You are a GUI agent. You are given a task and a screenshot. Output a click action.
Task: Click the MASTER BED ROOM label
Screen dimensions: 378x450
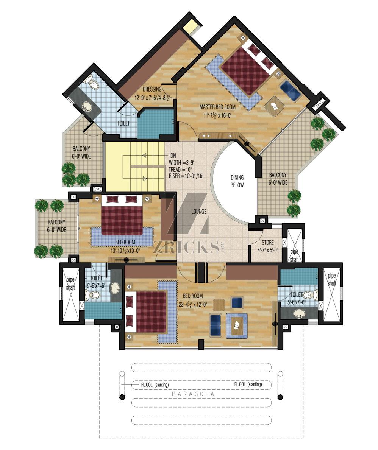(217, 107)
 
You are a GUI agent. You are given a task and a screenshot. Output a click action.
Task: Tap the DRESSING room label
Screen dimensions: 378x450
(152, 89)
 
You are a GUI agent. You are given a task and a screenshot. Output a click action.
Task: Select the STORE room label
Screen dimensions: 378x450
(268, 242)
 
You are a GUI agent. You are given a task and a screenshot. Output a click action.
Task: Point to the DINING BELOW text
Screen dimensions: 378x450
(237, 181)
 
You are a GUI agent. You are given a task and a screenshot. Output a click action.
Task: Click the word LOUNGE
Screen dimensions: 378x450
(199, 212)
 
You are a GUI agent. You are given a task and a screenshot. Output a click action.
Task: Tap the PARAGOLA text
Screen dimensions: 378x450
(193, 394)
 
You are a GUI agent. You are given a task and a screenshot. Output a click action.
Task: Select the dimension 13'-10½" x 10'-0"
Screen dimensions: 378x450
(125, 251)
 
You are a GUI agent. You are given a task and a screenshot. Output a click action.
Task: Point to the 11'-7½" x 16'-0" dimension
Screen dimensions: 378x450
(217, 116)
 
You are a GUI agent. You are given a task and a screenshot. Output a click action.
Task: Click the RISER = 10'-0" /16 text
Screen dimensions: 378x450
(185, 176)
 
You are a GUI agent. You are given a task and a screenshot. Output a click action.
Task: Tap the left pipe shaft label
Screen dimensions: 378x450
(70, 283)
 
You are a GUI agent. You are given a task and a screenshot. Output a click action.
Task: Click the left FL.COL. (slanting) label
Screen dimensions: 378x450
(155, 385)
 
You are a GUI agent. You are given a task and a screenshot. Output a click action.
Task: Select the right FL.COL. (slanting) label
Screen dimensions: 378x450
(248, 384)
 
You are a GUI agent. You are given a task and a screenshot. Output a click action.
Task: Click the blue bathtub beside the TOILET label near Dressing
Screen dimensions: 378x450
(156, 123)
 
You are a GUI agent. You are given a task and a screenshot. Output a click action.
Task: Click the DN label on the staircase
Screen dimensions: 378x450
(173, 156)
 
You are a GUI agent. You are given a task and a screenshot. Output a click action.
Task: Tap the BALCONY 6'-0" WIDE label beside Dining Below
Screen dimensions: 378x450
(278, 179)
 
